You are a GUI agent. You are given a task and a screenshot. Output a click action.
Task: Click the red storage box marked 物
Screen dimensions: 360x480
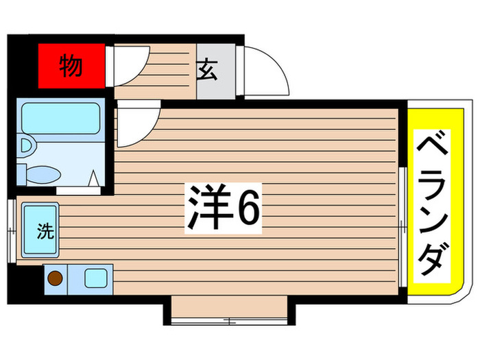coord(71,67)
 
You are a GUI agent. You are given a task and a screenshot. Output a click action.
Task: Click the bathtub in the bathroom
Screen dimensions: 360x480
coord(60,117)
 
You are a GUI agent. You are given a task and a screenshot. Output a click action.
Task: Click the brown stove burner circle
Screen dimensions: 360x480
coord(54,278)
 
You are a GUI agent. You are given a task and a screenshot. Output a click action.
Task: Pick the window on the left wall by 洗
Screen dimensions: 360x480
coord(11,230)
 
